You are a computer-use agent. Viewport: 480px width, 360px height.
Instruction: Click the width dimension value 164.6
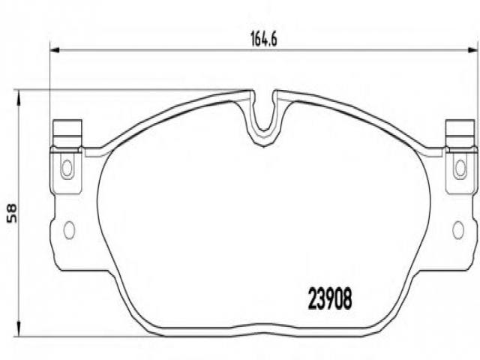coord(263,39)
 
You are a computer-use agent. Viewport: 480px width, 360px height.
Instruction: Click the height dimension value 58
coord(12,213)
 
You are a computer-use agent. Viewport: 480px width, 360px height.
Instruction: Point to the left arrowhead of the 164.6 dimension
coord(54,50)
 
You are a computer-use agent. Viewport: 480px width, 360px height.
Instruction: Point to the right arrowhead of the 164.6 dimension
coord(472,50)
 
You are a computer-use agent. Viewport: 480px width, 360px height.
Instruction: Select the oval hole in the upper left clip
coord(67,167)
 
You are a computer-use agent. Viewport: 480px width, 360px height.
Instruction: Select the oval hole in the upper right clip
coord(460,167)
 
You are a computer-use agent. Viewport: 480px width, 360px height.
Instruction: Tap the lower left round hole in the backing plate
coord(69,229)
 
